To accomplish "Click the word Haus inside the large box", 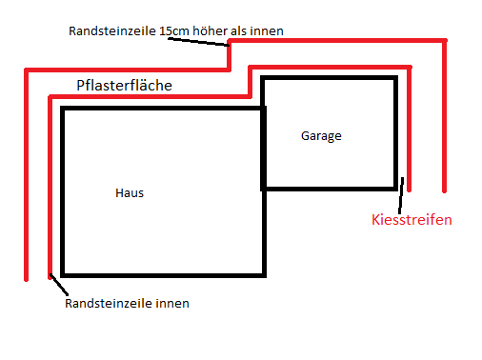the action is [129, 192].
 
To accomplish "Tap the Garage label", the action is [321, 136].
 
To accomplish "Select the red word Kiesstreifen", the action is [411, 220].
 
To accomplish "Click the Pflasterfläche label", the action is [123, 86].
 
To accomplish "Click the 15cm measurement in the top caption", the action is [173, 30].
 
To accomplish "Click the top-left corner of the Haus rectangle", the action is [63, 110].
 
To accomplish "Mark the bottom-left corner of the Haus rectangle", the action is [63, 274].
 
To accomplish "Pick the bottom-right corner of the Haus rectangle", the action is [263, 274].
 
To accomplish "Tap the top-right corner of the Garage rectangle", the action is [394, 79].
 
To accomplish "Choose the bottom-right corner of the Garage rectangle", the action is [394, 187].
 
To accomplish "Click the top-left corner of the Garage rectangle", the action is [263, 79].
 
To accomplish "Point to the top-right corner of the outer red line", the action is [444, 41].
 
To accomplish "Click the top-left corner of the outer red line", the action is [27, 70].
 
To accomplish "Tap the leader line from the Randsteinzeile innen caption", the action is [58, 285].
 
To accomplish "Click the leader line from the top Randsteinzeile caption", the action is [209, 39].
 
